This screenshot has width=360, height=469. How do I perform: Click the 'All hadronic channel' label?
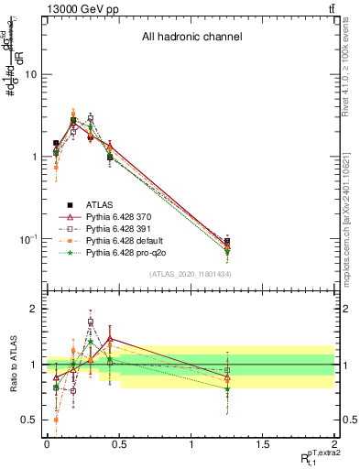(191, 38)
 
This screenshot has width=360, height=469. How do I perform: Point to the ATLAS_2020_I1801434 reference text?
(190, 275)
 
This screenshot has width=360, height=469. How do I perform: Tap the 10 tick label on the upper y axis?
(30, 74)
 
